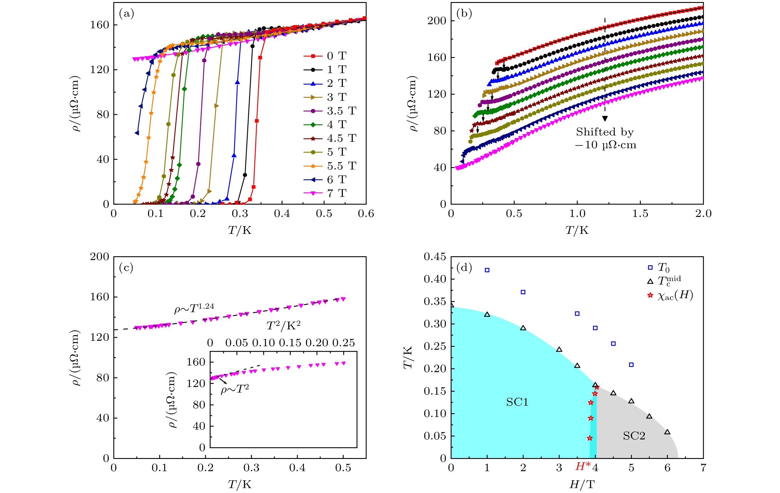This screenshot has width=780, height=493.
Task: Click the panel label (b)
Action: click(x=464, y=14)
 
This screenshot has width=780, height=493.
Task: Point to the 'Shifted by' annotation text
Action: click(x=604, y=132)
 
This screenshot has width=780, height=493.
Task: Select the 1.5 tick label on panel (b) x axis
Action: click(x=640, y=214)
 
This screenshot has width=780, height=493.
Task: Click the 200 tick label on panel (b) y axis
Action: click(x=437, y=21)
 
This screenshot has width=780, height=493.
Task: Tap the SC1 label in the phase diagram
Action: click(x=517, y=402)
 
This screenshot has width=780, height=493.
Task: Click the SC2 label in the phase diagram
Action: click(x=634, y=436)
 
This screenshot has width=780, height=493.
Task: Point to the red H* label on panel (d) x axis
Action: click(x=583, y=467)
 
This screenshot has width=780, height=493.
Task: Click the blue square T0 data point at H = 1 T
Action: click(x=487, y=270)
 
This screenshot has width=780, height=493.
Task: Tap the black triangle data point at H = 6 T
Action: click(x=667, y=432)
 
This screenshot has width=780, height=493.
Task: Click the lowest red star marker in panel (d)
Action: click(x=589, y=438)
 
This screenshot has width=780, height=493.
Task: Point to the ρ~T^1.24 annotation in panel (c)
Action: click(x=194, y=308)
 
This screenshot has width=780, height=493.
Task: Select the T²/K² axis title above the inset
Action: click(x=284, y=326)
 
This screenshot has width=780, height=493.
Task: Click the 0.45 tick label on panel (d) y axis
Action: click(x=435, y=257)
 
